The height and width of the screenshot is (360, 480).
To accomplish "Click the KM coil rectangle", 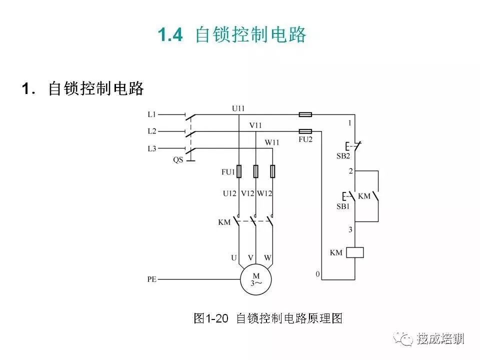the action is (355, 252).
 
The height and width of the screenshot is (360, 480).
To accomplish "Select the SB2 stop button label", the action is (343, 156).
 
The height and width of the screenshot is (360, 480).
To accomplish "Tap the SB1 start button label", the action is (343, 206).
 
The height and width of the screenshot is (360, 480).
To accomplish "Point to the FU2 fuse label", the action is (305, 139).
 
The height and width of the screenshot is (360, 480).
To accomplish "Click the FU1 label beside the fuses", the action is (228, 172).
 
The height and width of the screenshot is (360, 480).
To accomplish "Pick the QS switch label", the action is (178, 160).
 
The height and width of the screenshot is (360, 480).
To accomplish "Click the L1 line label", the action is (152, 114).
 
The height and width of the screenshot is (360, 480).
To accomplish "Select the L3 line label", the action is (152, 149).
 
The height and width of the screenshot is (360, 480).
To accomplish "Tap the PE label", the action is (152, 279).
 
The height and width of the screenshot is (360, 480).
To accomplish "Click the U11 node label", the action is (238, 108).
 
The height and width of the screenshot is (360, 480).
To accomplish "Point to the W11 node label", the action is (272, 142).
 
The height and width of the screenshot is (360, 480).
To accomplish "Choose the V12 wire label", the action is (247, 193).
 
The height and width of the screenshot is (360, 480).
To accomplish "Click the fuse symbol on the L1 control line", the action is (305, 114).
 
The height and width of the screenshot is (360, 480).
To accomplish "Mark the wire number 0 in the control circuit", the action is (318, 274).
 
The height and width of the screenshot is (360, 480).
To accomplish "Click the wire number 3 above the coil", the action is (350, 229).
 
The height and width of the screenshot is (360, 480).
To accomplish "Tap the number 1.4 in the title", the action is (170, 34).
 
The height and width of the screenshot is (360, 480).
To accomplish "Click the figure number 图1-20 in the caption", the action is (211, 318).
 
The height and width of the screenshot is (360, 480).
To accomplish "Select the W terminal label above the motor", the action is (267, 258).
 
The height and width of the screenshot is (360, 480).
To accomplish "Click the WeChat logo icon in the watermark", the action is (403, 339).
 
